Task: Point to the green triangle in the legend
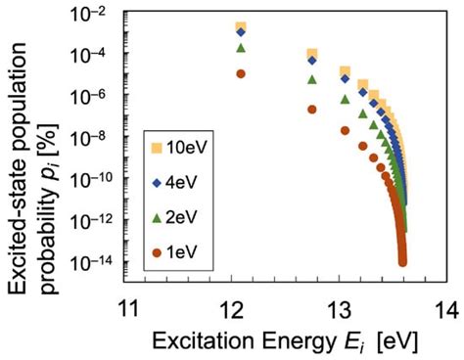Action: click(x=157, y=216)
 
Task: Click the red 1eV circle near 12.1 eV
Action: click(x=241, y=73)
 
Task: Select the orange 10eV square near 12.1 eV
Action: click(x=241, y=27)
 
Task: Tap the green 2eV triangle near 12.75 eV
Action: click(x=311, y=79)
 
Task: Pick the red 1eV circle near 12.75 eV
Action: click(x=311, y=110)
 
